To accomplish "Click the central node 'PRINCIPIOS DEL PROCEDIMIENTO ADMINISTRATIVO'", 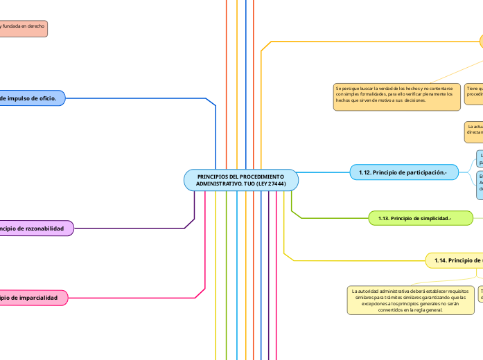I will (x=241, y=180).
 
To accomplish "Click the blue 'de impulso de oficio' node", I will (x=32, y=98).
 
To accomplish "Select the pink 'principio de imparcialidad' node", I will (x=33, y=298).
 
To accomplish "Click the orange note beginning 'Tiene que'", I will (x=474, y=93).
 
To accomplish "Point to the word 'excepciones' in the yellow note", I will (x=370, y=305).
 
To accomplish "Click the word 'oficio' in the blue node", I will (x=47, y=98).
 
